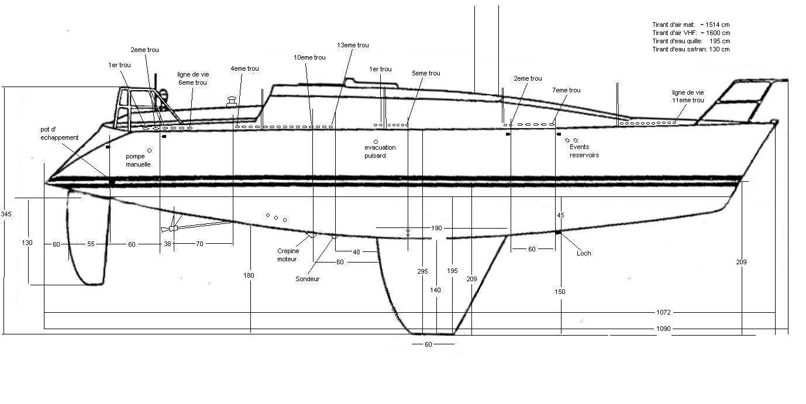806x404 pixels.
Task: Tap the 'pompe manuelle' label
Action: [138, 160]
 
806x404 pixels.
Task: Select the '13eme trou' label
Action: [353, 45]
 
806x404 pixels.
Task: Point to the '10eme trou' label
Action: [309, 57]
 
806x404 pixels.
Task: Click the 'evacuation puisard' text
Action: [380, 151]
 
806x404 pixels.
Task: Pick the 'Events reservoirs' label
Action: [584, 151]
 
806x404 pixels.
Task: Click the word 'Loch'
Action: [583, 253]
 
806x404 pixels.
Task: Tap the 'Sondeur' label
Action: [307, 279]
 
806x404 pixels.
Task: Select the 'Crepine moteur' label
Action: [287, 255]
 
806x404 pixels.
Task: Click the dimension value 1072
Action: [663, 313]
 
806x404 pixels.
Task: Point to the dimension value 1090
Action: [663, 329]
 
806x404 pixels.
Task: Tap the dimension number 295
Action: [422, 271]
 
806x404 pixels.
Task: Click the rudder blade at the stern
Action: [88, 240]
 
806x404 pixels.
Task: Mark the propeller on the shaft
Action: [172, 227]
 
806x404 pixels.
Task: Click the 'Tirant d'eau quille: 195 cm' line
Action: [691, 42]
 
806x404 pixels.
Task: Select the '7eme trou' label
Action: [566, 90]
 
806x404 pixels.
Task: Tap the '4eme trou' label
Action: [244, 68]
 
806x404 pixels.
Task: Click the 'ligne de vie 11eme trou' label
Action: [688, 96]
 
